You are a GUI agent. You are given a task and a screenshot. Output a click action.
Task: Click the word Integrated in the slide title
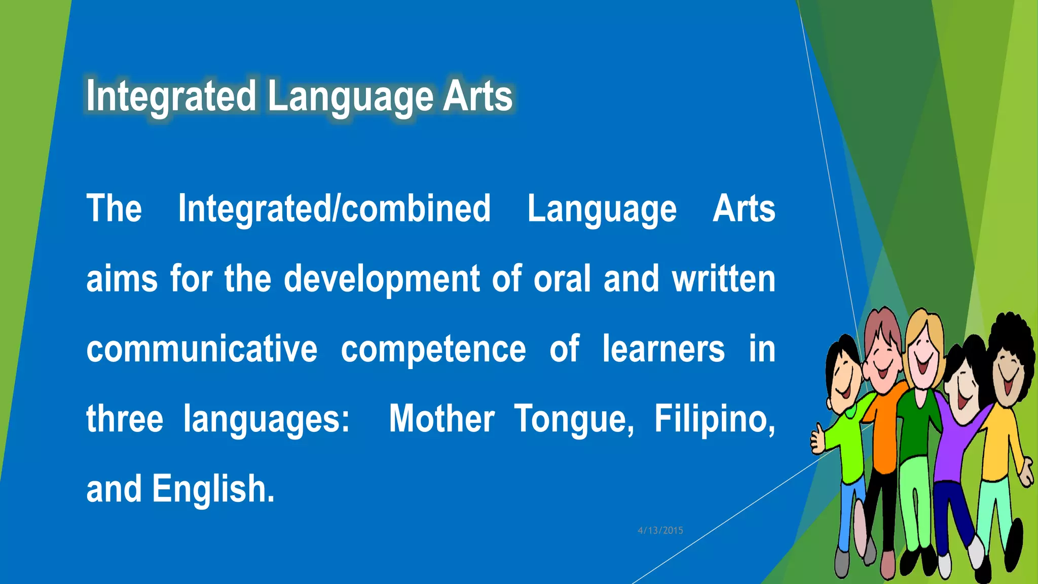pyautogui.click(x=171, y=96)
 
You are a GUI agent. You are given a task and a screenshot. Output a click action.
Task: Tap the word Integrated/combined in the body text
pyautogui.click(x=334, y=208)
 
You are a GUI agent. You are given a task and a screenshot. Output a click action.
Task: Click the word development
pyautogui.click(x=381, y=279)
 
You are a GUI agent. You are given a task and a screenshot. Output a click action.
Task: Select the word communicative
pyautogui.click(x=202, y=349)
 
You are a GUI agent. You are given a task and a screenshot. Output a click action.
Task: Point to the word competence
pyautogui.click(x=433, y=349)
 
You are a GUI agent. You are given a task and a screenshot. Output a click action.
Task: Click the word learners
pyautogui.click(x=663, y=349)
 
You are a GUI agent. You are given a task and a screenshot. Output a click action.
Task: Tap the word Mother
pyautogui.click(x=441, y=419)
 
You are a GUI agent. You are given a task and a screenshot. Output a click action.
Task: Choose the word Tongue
pyautogui.click(x=574, y=420)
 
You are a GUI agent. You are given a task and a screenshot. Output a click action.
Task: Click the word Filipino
pyautogui.click(x=714, y=419)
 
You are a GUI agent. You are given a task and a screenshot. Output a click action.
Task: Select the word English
pyautogui.click(x=213, y=489)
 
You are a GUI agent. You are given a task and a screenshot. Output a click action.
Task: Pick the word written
pyautogui.click(x=723, y=279)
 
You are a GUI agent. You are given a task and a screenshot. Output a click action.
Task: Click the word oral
pyautogui.click(x=562, y=279)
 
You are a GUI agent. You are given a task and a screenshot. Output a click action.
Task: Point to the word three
pyautogui.click(x=125, y=419)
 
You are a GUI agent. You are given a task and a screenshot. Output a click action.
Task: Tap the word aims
pyautogui.click(x=122, y=279)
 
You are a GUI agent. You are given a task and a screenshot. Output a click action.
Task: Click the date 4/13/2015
pyautogui.click(x=660, y=530)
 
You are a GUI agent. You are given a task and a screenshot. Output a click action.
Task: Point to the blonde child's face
pyautogui.click(x=923, y=355)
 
